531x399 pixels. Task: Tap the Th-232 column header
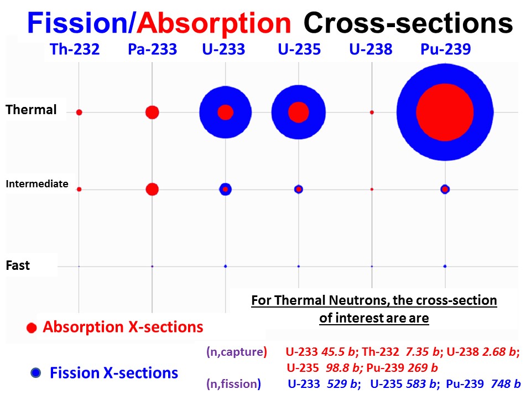pos(74,50)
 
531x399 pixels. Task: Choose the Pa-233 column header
pos(152,50)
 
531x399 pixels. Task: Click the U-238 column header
pos(371,50)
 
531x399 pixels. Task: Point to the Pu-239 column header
pos(445,50)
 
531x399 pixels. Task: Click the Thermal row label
pos(31,110)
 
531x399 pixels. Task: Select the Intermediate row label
pos(37,184)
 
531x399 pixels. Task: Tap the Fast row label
pos(18,265)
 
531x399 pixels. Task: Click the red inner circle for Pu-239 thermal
pos(445,112)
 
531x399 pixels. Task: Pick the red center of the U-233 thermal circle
pos(225,112)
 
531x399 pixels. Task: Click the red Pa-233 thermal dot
pos(152,112)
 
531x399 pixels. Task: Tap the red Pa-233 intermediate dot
pos(152,190)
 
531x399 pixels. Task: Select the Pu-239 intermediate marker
pos(445,189)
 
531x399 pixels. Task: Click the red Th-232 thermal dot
pos(79,112)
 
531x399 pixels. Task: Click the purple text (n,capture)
pos(236,351)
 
